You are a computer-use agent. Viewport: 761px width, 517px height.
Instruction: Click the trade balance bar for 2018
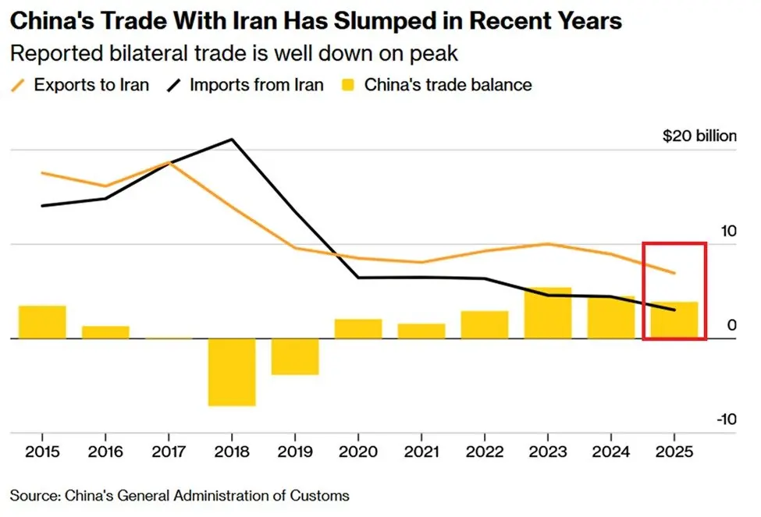pos(232,372)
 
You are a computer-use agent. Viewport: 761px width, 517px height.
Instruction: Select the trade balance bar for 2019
pos(295,356)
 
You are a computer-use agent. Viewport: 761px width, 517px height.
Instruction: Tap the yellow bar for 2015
pos(42,322)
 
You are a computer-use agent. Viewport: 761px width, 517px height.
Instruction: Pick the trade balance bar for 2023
pos(548,313)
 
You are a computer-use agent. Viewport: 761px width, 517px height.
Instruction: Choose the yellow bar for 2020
pos(358,328)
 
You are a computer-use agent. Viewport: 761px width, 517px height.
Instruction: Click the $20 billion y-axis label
pos(699,136)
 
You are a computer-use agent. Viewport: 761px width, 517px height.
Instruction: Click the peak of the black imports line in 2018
pos(232,140)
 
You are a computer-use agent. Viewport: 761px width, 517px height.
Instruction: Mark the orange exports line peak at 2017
pos(169,161)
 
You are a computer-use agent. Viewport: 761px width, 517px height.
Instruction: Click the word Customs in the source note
pos(321,495)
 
